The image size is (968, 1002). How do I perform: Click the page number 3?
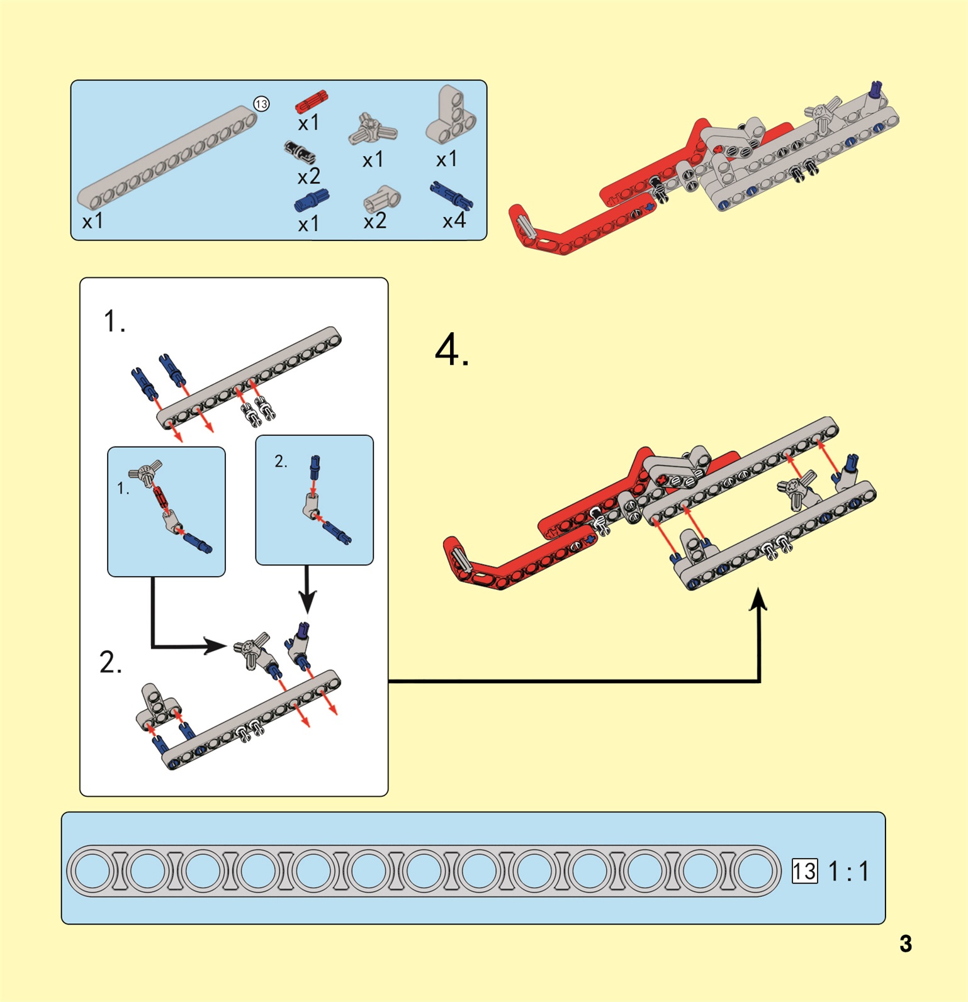[905, 944]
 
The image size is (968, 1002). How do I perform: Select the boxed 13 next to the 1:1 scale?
[804, 871]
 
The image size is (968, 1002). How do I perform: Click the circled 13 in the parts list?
[261, 104]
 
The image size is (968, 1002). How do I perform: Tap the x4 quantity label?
[454, 221]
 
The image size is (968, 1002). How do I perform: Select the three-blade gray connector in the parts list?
[373, 130]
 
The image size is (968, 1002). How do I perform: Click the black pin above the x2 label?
[300, 152]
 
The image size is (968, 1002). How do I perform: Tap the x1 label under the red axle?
[308, 123]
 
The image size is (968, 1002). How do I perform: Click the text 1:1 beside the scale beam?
[848, 871]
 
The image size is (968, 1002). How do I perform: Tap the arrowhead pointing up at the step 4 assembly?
[760, 599]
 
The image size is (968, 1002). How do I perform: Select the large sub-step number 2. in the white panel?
[111, 662]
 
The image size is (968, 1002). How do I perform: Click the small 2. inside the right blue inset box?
[281, 462]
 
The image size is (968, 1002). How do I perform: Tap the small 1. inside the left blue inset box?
[123, 488]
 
